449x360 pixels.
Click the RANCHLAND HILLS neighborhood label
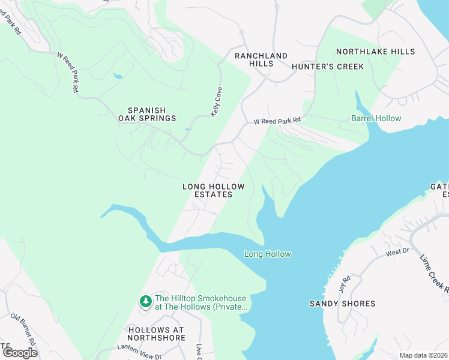[261, 60]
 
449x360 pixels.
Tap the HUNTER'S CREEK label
[328, 67]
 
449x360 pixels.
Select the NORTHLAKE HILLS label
[375, 52]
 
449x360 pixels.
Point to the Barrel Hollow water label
[376, 119]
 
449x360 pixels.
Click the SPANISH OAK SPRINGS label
[152, 114]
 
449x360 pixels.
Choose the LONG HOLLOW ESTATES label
[207, 191]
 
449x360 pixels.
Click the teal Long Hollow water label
[268, 254]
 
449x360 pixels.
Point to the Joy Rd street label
[346, 281]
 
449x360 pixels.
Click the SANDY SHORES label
[342, 304]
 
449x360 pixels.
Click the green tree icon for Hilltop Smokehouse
[145, 301]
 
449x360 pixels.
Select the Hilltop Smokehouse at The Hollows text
[201, 302]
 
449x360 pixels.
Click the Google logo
[20, 353]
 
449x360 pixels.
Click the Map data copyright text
[423, 355]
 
